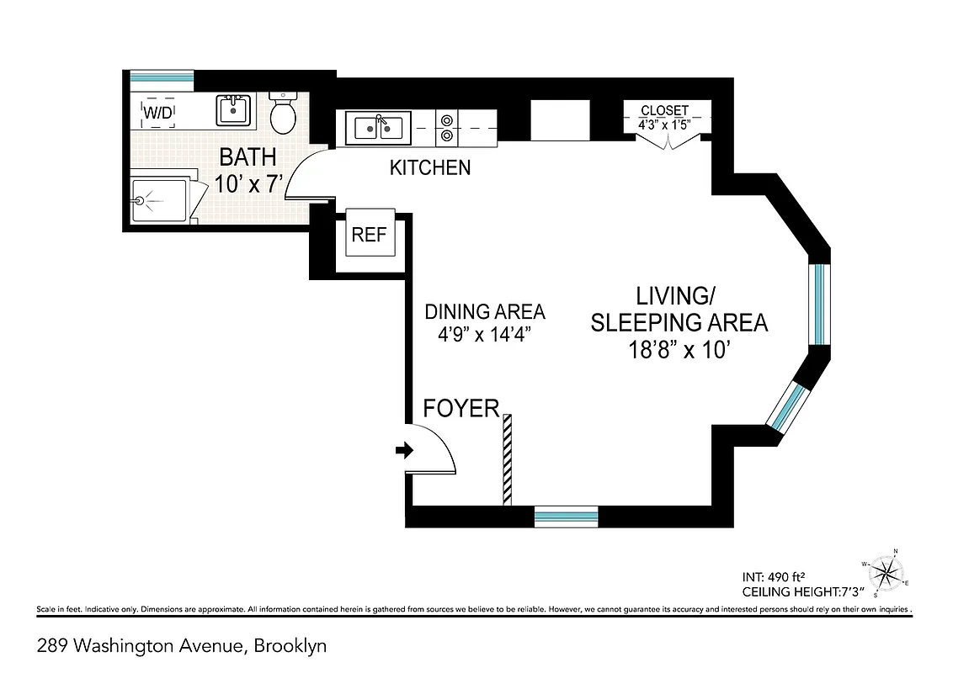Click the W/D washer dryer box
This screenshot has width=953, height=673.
[x=158, y=111]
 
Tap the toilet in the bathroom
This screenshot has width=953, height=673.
[x=284, y=114]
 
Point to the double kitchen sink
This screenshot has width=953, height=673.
[x=378, y=128]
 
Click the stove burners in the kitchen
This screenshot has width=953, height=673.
[x=445, y=127]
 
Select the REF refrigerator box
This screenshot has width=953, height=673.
[x=369, y=234]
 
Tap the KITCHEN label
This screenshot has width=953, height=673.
[x=429, y=168]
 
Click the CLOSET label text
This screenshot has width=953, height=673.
[x=664, y=111]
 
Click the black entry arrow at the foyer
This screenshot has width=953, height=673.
[x=405, y=452]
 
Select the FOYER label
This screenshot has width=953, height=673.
[x=461, y=409]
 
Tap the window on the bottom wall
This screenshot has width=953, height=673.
[x=566, y=515]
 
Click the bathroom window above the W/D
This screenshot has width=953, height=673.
[x=163, y=77]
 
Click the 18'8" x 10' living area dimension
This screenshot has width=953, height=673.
[x=677, y=350]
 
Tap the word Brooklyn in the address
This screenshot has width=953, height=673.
[x=290, y=646]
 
